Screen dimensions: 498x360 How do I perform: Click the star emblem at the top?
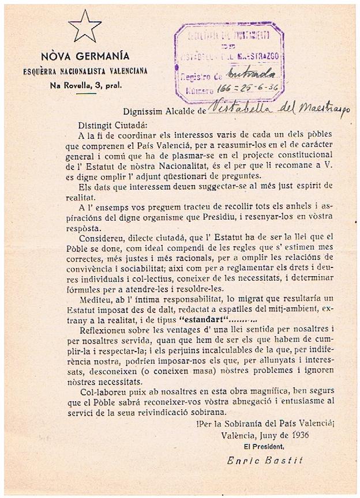84,25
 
